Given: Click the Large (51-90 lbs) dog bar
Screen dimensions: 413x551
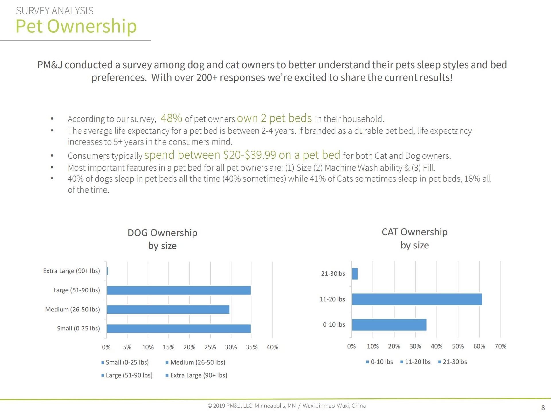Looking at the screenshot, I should click(x=179, y=290).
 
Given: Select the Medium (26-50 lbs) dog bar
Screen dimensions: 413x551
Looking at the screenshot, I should click(x=168, y=309).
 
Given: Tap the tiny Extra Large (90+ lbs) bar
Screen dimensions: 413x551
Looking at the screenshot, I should click(x=107, y=271).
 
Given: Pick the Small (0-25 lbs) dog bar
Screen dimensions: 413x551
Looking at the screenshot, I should click(x=179, y=329).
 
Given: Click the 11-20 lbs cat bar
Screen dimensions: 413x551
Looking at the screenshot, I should click(x=417, y=299).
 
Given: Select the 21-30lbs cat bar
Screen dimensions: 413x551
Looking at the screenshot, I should click(x=355, y=274).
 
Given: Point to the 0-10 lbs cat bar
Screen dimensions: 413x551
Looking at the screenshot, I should click(x=389, y=325).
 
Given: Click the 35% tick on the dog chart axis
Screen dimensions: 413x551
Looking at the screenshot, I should click(x=252, y=347).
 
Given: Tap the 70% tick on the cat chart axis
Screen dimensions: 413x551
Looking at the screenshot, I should click(x=500, y=346).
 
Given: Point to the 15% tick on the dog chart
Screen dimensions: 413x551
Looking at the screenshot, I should click(x=168, y=347).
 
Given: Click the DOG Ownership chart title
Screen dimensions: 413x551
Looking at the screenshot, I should click(x=162, y=239).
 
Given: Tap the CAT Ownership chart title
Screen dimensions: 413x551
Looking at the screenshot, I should click(x=414, y=238).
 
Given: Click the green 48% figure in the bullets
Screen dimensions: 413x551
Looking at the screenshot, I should click(x=171, y=118).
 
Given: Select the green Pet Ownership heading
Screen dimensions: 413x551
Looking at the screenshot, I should click(x=76, y=26).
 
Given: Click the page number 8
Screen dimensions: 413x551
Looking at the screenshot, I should click(x=543, y=408).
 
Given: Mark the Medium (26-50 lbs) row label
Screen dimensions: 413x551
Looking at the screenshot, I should click(x=72, y=309).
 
